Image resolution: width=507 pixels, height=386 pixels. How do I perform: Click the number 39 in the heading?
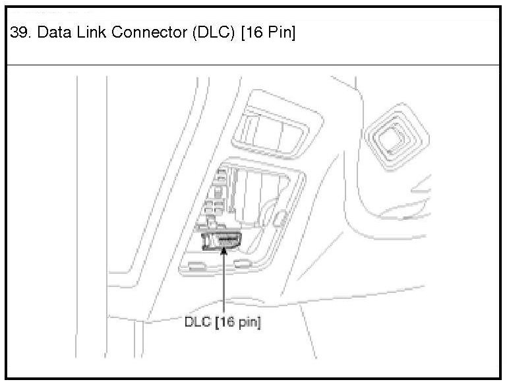20,32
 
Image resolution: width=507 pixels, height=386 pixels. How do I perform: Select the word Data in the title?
54,32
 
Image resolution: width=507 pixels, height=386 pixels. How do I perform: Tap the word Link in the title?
92,32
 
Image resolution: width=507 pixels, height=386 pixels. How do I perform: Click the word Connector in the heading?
150,32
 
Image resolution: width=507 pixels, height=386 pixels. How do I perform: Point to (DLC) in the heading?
214,33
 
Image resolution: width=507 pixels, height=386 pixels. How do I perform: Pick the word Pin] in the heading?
282,33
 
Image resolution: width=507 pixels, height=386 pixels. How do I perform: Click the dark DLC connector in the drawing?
222,241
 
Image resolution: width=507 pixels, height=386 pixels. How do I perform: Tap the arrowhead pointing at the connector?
224,250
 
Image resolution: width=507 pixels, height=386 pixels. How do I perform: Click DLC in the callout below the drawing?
198,322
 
